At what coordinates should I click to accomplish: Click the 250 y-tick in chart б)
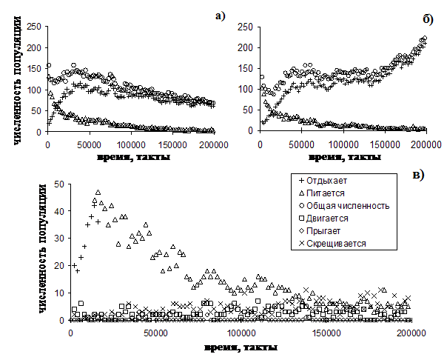[x=244, y=27]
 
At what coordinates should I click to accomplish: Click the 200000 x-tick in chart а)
[x=201, y=144]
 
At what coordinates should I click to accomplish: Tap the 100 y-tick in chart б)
[x=244, y=90]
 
